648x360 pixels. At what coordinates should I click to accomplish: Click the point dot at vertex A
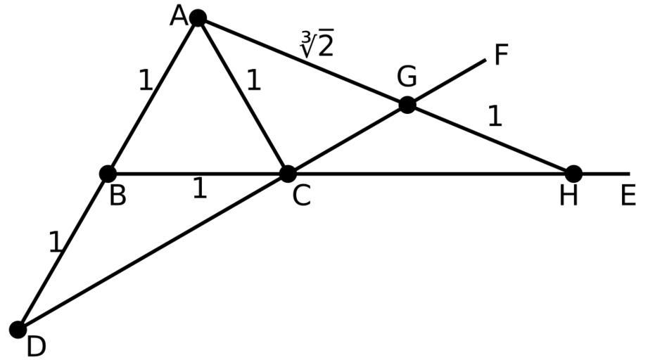(x=198, y=18)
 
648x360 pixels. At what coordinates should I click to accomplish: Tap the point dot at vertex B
(x=108, y=173)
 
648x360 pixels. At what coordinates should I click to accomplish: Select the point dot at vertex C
(x=288, y=173)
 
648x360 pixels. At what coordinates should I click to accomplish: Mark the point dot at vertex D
(x=18, y=329)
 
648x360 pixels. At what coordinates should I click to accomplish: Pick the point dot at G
(x=407, y=105)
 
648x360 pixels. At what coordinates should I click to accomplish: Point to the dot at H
(x=573, y=173)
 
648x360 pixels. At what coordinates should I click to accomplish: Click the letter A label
(x=179, y=15)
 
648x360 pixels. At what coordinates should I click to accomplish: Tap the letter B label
(x=117, y=196)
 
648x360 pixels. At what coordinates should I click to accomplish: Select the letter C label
(x=301, y=196)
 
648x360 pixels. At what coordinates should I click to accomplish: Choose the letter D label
(x=37, y=345)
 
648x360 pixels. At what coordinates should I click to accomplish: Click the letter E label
(x=628, y=196)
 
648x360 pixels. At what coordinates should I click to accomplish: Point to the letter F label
(x=501, y=55)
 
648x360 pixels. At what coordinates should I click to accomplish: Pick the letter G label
(x=407, y=76)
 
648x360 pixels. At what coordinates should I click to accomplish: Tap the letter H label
(x=568, y=196)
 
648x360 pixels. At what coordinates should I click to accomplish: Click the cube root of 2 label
(x=316, y=46)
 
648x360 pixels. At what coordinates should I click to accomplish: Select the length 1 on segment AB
(x=145, y=82)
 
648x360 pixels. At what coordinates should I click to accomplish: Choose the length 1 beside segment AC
(x=253, y=82)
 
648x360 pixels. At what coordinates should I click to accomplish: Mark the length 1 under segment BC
(x=200, y=188)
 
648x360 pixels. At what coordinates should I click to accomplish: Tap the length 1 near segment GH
(x=495, y=117)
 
